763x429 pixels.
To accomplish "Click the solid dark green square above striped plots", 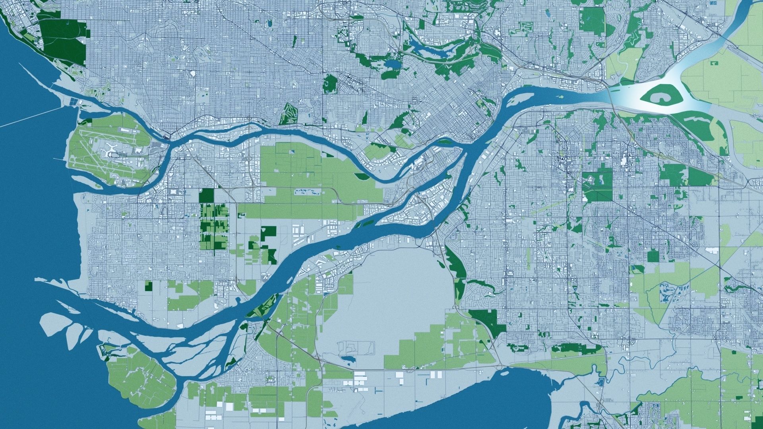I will [x=206, y=195].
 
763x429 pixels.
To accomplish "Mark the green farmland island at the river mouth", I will [x=139, y=377].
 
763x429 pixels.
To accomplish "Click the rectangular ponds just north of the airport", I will [x=74, y=101].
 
